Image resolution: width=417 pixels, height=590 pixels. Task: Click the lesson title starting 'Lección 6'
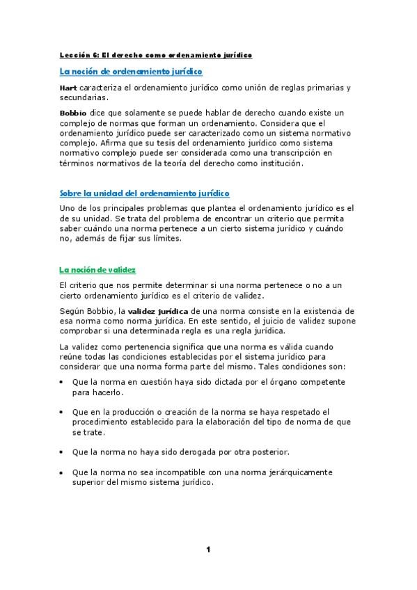tap(155, 54)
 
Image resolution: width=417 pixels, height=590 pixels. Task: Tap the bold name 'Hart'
tap(68, 88)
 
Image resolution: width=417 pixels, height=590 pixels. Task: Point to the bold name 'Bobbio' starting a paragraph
tap(72, 111)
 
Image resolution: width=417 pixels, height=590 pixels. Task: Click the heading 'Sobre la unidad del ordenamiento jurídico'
tap(144, 193)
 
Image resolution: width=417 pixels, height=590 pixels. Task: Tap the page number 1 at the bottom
tap(207, 550)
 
